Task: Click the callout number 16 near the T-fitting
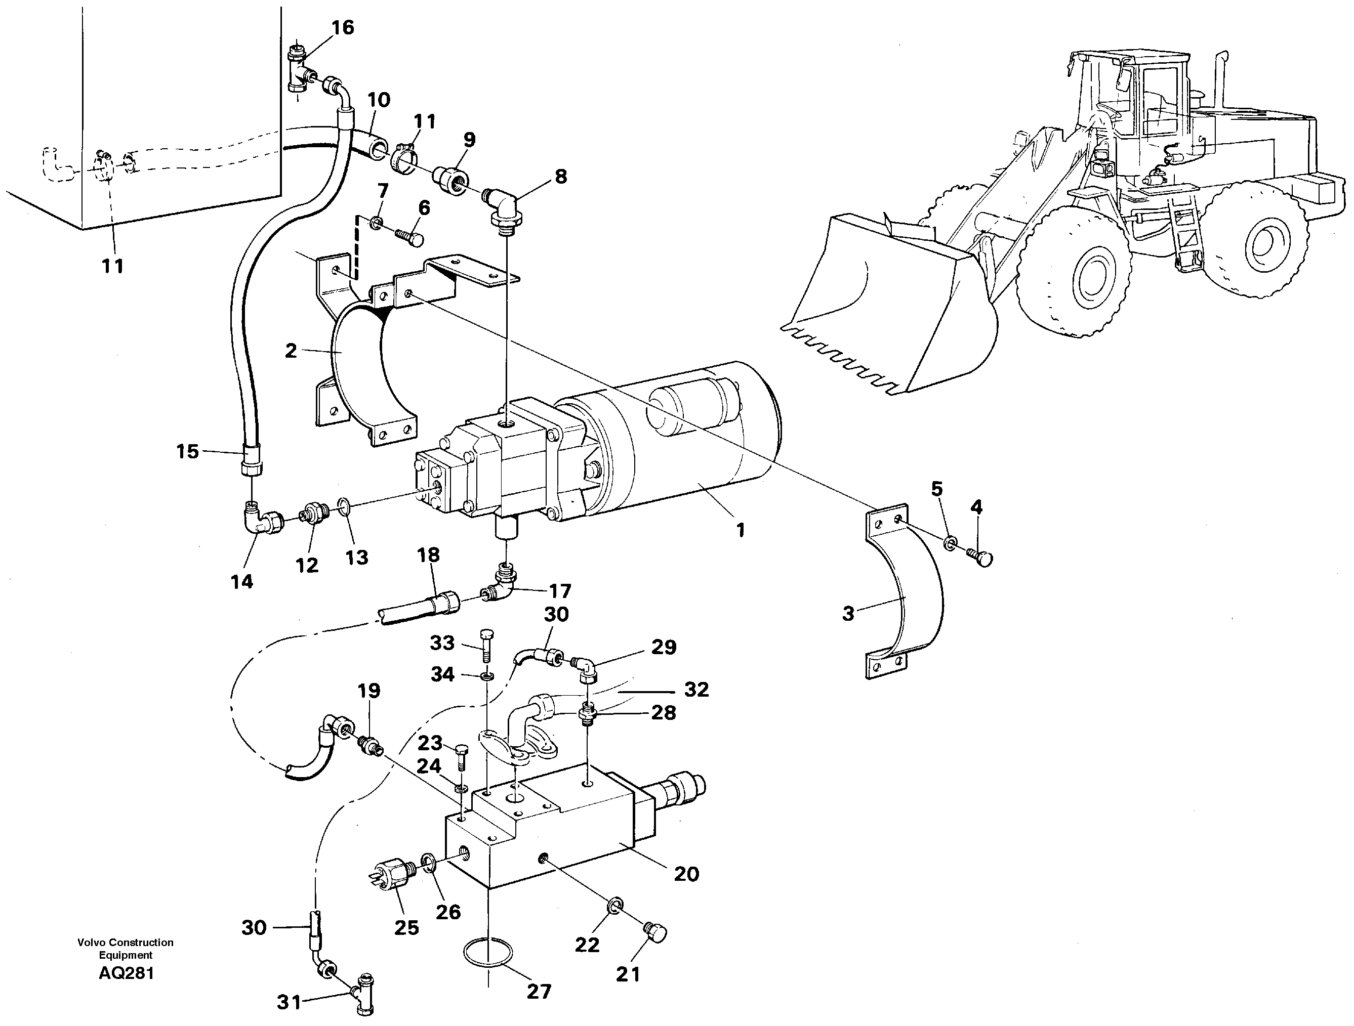coord(343,27)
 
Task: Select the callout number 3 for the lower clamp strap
coord(848,614)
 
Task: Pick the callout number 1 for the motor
coord(740,530)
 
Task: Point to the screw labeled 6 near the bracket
coord(409,237)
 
